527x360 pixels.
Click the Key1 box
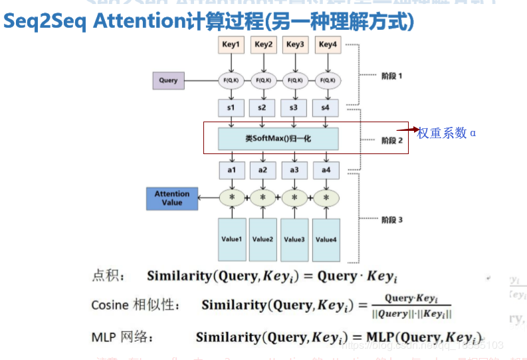231,45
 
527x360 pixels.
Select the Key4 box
327,45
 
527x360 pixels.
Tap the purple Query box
168,80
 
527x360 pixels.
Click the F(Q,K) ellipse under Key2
263,81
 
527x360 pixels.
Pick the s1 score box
231,108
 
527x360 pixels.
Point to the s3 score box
294,108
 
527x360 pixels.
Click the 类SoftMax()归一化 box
278,139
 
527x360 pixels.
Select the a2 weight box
263,170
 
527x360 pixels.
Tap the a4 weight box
326,170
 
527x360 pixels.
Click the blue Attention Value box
172,199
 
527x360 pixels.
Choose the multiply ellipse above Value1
232,198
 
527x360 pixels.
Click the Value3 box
294,239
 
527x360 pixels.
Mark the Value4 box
326,239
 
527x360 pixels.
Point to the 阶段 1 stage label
391,76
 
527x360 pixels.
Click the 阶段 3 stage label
391,220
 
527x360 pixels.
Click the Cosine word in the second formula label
110,305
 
